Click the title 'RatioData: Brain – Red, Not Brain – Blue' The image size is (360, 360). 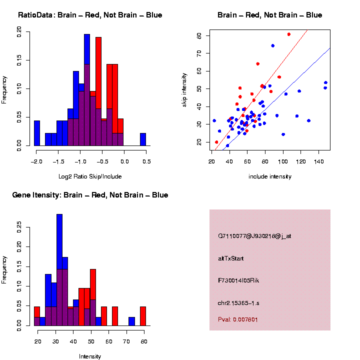click(90, 15)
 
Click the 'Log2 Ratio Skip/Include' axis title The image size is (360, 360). click(89, 176)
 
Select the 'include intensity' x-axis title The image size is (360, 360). click(270, 176)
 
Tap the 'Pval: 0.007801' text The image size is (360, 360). click(238, 319)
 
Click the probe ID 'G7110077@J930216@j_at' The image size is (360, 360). click(254, 236)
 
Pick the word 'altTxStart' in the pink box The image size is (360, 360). click(231, 258)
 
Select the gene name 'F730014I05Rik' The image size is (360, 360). click(238, 280)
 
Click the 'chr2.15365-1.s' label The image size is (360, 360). click(238, 302)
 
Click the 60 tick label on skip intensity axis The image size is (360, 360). click(199, 71)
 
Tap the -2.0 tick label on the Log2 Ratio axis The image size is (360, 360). click(36, 160)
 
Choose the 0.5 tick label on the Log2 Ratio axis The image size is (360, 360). click(146, 160)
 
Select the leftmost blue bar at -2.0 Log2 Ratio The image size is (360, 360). click(36, 133)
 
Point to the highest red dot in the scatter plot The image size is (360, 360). click(289, 34)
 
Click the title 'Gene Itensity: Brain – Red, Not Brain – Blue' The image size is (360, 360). click(90, 194)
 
